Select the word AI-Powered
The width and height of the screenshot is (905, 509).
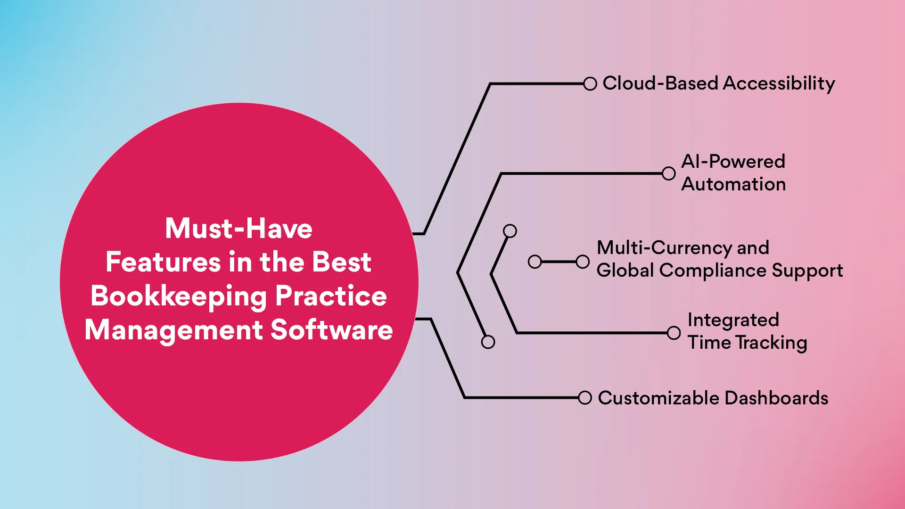click(733, 162)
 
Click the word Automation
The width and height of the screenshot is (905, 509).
click(733, 184)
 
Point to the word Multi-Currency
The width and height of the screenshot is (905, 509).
click(664, 248)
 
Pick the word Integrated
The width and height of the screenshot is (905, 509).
click(733, 320)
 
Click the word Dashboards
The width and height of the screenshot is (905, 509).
click(776, 398)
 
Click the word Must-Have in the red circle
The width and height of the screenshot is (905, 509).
click(239, 229)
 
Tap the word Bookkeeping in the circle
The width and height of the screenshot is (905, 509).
click(179, 296)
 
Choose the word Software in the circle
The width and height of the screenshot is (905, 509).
click(331, 330)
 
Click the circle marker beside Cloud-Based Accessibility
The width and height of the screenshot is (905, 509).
click(590, 84)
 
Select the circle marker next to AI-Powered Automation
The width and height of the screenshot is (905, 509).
click(668, 173)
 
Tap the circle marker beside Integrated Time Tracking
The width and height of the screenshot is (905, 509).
click(674, 333)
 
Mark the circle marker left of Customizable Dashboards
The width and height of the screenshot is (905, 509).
click(584, 398)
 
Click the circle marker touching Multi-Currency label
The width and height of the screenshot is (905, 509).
click(583, 262)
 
